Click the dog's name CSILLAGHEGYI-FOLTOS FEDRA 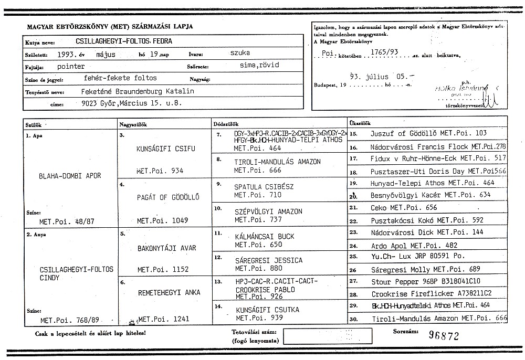pos(124,41)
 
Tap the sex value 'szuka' pos(240,53)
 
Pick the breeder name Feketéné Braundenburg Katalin pos(134,91)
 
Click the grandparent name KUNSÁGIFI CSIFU pos(165,149)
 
